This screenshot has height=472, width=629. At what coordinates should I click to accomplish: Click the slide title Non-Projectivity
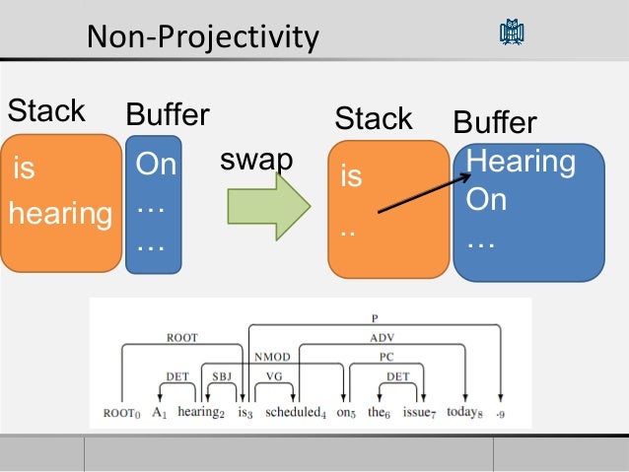pos(203,37)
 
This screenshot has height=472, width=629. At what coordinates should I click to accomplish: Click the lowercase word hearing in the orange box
pos(60,213)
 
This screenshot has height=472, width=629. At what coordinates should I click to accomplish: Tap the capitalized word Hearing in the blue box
pos(521,163)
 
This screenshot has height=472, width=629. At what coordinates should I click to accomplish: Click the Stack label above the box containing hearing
pos(46,111)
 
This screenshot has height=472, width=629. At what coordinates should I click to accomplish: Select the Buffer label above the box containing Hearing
pos(494,123)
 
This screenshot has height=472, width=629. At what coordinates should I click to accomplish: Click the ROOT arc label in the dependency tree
pos(181,337)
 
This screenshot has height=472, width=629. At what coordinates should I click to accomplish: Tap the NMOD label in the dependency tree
pos(271,357)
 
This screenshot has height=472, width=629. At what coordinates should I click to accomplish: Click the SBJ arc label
pos(222,376)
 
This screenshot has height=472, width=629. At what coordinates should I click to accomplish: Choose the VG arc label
pos(274,376)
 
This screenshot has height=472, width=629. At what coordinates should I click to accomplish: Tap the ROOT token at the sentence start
pos(120,412)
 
